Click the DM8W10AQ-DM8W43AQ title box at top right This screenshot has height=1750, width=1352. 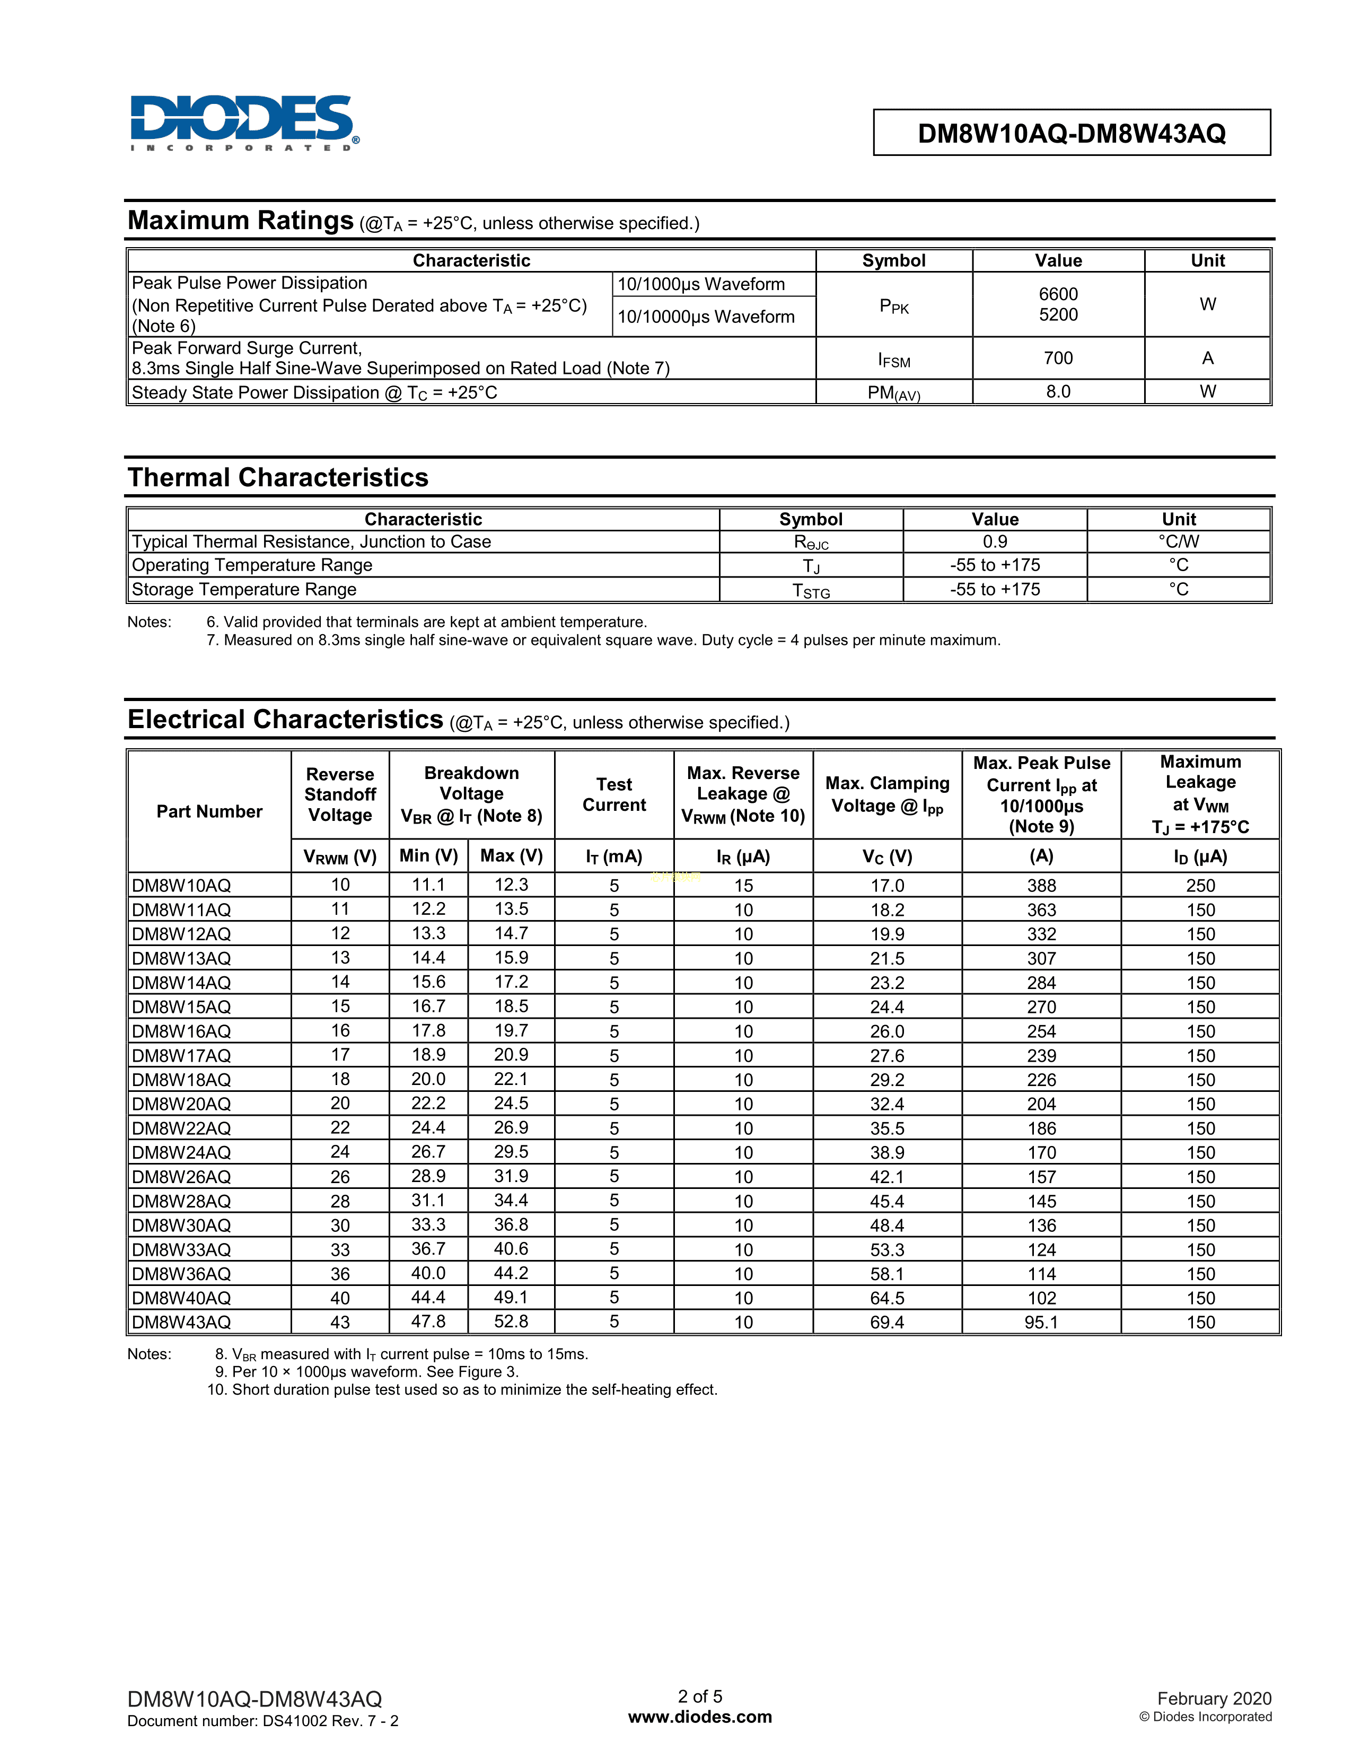pyautogui.click(x=1071, y=133)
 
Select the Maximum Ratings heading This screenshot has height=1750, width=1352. pyautogui.click(x=240, y=221)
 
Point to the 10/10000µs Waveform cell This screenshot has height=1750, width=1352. pyautogui.click(x=706, y=317)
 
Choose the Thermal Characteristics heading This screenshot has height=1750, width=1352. pyautogui.click(x=278, y=478)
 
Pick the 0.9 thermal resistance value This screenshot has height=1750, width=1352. pyautogui.click(x=995, y=541)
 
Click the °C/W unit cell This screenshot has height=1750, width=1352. pyautogui.click(x=1178, y=541)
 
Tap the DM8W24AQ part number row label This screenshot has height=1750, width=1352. pyautogui.click(x=182, y=1152)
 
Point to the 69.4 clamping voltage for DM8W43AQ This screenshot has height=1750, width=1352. pyautogui.click(x=886, y=1322)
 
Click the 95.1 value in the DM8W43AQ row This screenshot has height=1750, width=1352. pyautogui.click(x=1041, y=1322)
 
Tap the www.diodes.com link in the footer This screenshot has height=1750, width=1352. pyautogui.click(x=700, y=1717)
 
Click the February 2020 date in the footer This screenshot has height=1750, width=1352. pyautogui.click(x=1214, y=1698)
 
